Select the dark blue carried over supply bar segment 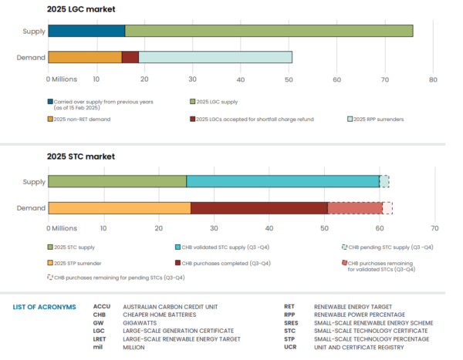point(86,31)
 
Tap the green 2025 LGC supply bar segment point(269,31)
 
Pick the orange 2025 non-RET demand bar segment point(85,57)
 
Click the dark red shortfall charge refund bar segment point(130,57)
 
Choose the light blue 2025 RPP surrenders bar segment point(215,57)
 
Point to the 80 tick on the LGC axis point(434,79)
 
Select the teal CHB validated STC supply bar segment point(282,181)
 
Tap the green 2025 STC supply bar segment point(117,181)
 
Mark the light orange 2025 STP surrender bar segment point(120,207)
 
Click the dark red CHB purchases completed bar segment point(259,207)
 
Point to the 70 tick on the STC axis point(434,229)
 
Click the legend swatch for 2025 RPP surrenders point(350,119)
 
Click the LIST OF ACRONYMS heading point(45,307)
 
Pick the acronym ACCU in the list point(102,307)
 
